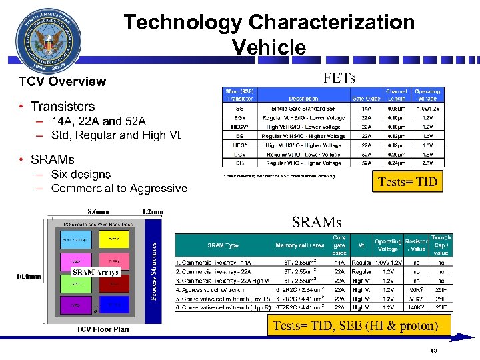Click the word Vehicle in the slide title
click(269, 47)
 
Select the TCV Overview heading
click(62, 81)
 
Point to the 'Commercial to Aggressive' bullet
click(119, 189)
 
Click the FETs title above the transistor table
click(339, 78)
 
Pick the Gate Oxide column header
click(366, 99)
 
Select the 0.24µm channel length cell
click(397, 163)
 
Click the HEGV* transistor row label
click(239, 126)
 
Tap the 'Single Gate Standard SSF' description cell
click(303, 108)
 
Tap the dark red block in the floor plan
click(114, 283)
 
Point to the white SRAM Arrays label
click(95, 272)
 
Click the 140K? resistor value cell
click(416, 308)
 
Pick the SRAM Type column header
click(223, 245)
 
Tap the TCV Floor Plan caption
click(103, 329)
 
